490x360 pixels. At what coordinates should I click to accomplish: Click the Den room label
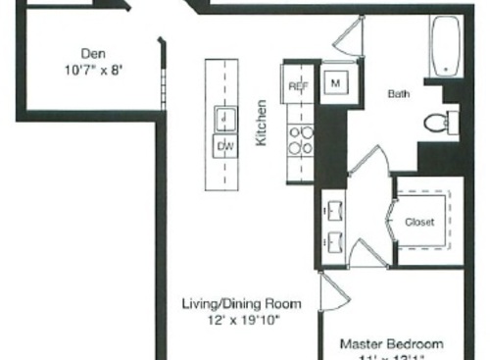pos(94,55)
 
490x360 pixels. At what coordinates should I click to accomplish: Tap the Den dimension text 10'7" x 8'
pos(94,71)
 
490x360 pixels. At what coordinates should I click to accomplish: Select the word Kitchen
pos(262,123)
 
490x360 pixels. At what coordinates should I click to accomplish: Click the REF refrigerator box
pos(299,86)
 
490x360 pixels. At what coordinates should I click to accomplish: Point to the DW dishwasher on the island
pos(224,147)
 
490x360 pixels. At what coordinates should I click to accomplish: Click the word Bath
pos(399,94)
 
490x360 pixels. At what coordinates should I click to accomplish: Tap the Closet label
pos(419,222)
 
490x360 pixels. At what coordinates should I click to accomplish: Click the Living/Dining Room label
pos(241,303)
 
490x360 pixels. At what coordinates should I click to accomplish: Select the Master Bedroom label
pos(391,344)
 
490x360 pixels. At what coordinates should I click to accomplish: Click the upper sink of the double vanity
pos(331,210)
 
